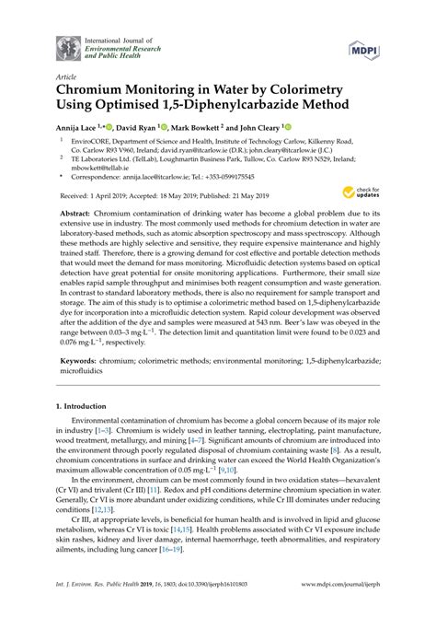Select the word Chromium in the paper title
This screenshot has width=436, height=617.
coord(99,92)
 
